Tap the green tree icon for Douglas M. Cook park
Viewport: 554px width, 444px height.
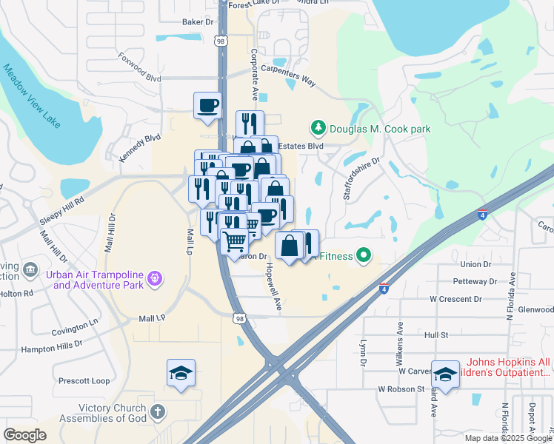318,129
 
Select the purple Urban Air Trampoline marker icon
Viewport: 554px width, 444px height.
155,279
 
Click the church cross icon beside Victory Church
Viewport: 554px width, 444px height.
157,411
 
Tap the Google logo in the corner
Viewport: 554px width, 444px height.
25,435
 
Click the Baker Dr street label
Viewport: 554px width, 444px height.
198,22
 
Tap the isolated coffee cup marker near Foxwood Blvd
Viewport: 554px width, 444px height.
207,104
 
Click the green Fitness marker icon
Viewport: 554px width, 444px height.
363,256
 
